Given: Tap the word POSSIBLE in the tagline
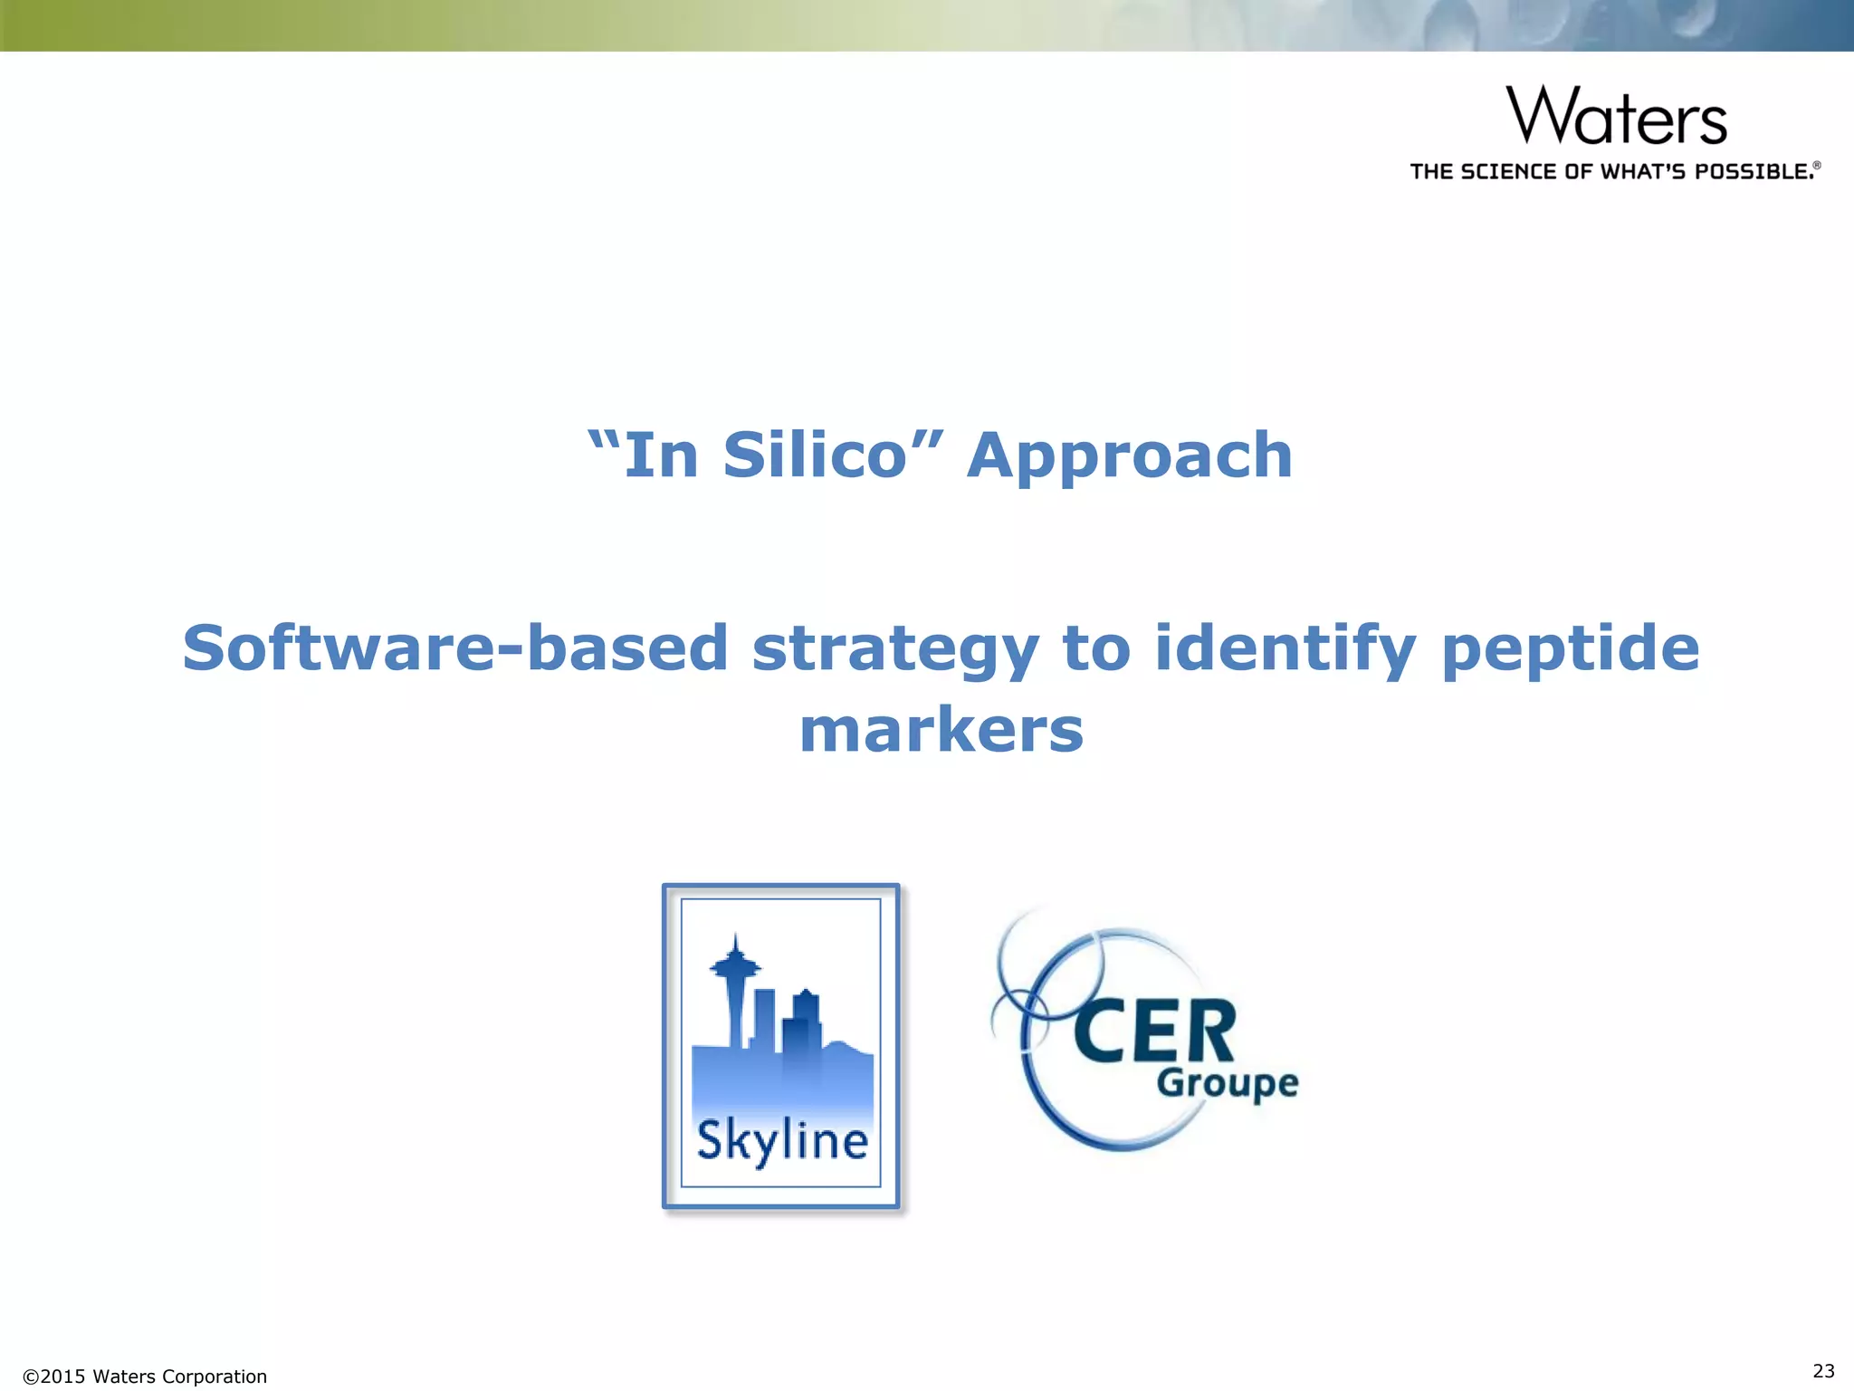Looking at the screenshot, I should (x=1754, y=172).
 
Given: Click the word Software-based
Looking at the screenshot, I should (x=455, y=648).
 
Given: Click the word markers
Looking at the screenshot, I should (x=941, y=731).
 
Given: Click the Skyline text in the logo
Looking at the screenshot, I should (x=782, y=1141).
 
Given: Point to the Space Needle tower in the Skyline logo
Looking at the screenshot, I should (x=735, y=987).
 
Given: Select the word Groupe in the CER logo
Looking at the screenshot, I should (x=1228, y=1083).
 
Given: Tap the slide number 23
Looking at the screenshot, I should (x=1823, y=1370).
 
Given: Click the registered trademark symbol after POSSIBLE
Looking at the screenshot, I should (x=1816, y=166).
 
